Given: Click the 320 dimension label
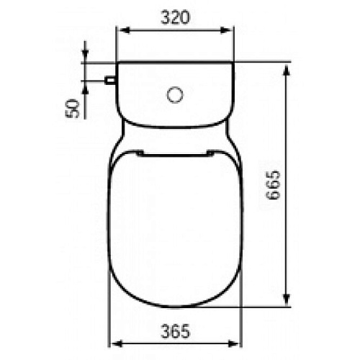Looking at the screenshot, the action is point(175,17).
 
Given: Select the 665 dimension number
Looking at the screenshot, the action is point(274,184).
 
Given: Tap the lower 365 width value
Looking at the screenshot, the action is point(175,331).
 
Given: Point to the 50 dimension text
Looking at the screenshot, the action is point(72,109).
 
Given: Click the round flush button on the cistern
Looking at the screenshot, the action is point(175,95).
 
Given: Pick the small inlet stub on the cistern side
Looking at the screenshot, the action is point(111,80).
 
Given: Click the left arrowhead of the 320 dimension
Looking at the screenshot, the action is point(125,30).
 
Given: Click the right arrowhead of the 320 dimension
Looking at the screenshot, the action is point(226,30).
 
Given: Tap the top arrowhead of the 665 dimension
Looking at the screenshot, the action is point(286,70).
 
